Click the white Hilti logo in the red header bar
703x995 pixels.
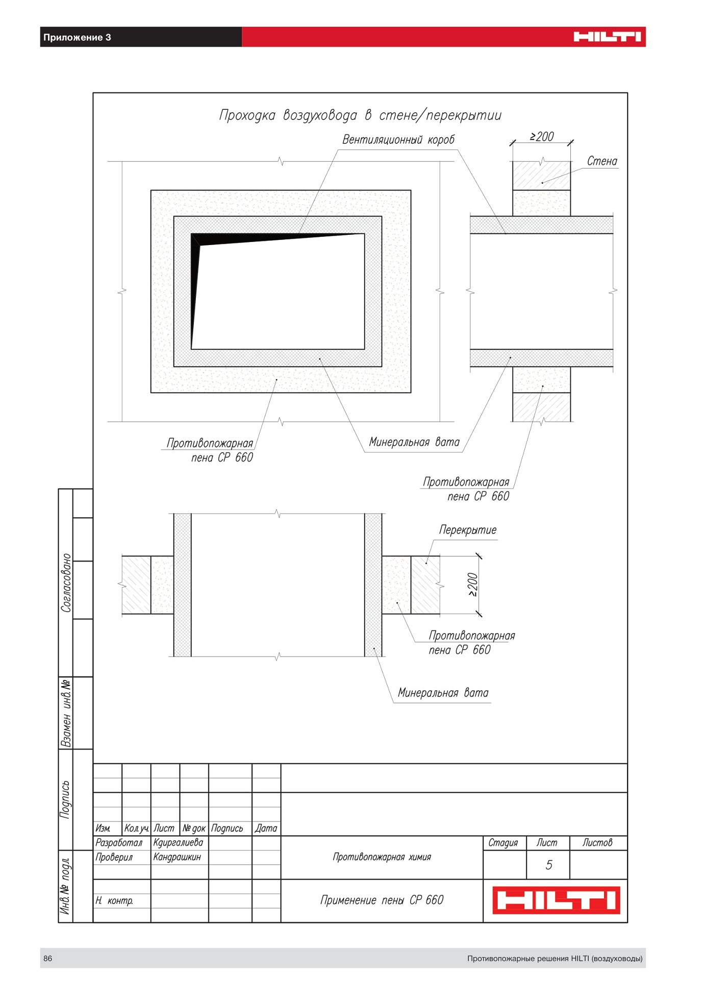[x=607, y=37]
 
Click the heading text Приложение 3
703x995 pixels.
[x=77, y=37]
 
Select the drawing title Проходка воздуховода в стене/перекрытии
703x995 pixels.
[x=360, y=115]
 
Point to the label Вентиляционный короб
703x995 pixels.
[x=398, y=139]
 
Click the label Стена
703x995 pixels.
[x=602, y=161]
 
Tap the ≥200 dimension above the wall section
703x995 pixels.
[x=542, y=136]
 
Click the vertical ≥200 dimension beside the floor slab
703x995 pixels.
[x=472, y=585]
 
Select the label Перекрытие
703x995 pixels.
[x=468, y=530]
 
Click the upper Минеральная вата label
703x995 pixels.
[x=414, y=442]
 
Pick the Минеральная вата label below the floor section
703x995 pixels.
[x=443, y=693]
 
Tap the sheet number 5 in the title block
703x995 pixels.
[x=549, y=865]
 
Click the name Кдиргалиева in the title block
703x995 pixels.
[x=178, y=842]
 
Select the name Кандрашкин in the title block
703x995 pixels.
[x=177, y=857]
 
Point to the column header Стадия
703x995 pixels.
[x=503, y=842]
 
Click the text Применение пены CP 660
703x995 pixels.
[x=382, y=900]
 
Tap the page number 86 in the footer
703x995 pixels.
[x=47, y=958]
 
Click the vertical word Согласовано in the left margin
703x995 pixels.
[x=66, y=583]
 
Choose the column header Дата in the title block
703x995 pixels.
[x=266, y=828]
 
